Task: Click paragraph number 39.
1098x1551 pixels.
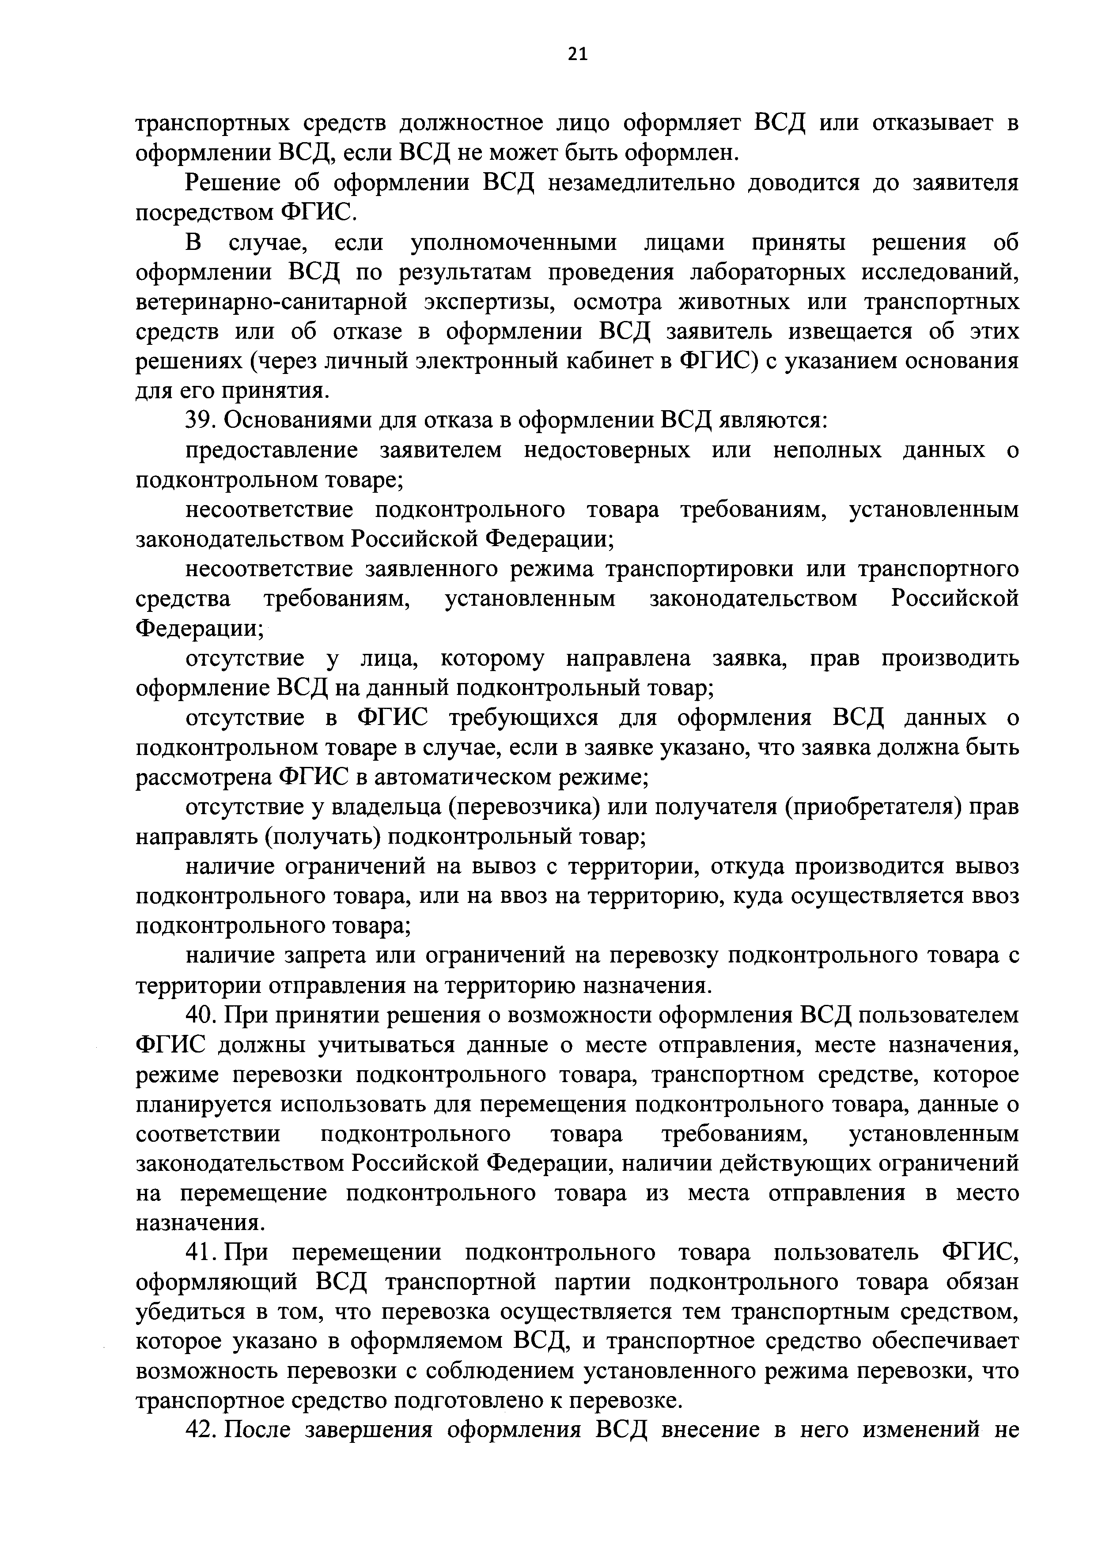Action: pos(200,420)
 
